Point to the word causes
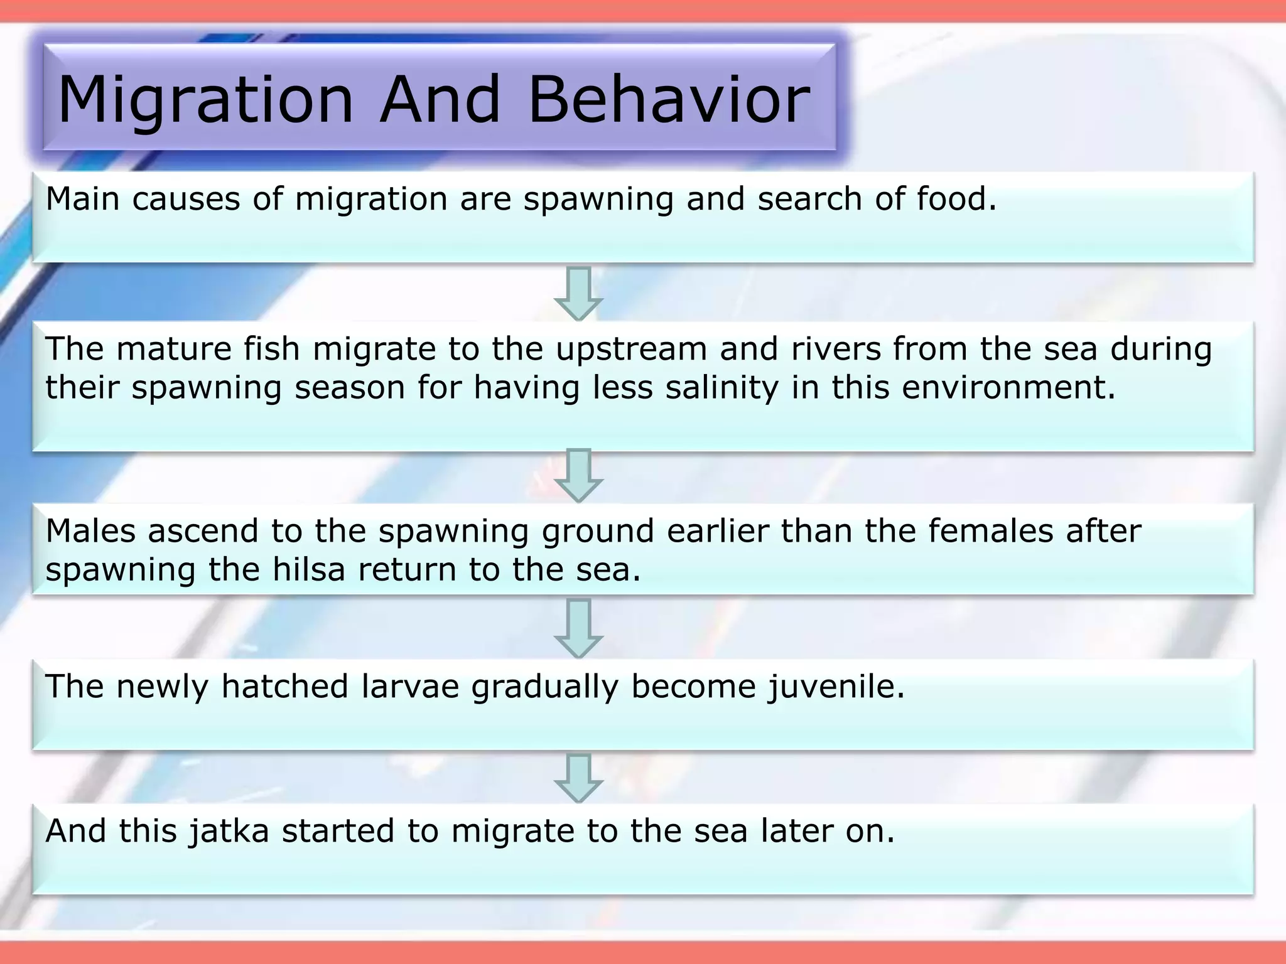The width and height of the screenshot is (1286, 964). (186, 200)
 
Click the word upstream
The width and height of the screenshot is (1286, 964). (631, 349)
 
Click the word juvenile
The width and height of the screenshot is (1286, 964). (836, 687)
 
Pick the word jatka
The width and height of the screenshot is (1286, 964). (229, 832)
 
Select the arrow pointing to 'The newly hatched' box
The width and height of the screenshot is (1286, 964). (578, 628)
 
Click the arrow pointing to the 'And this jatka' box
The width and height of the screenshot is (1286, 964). (578, 778)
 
